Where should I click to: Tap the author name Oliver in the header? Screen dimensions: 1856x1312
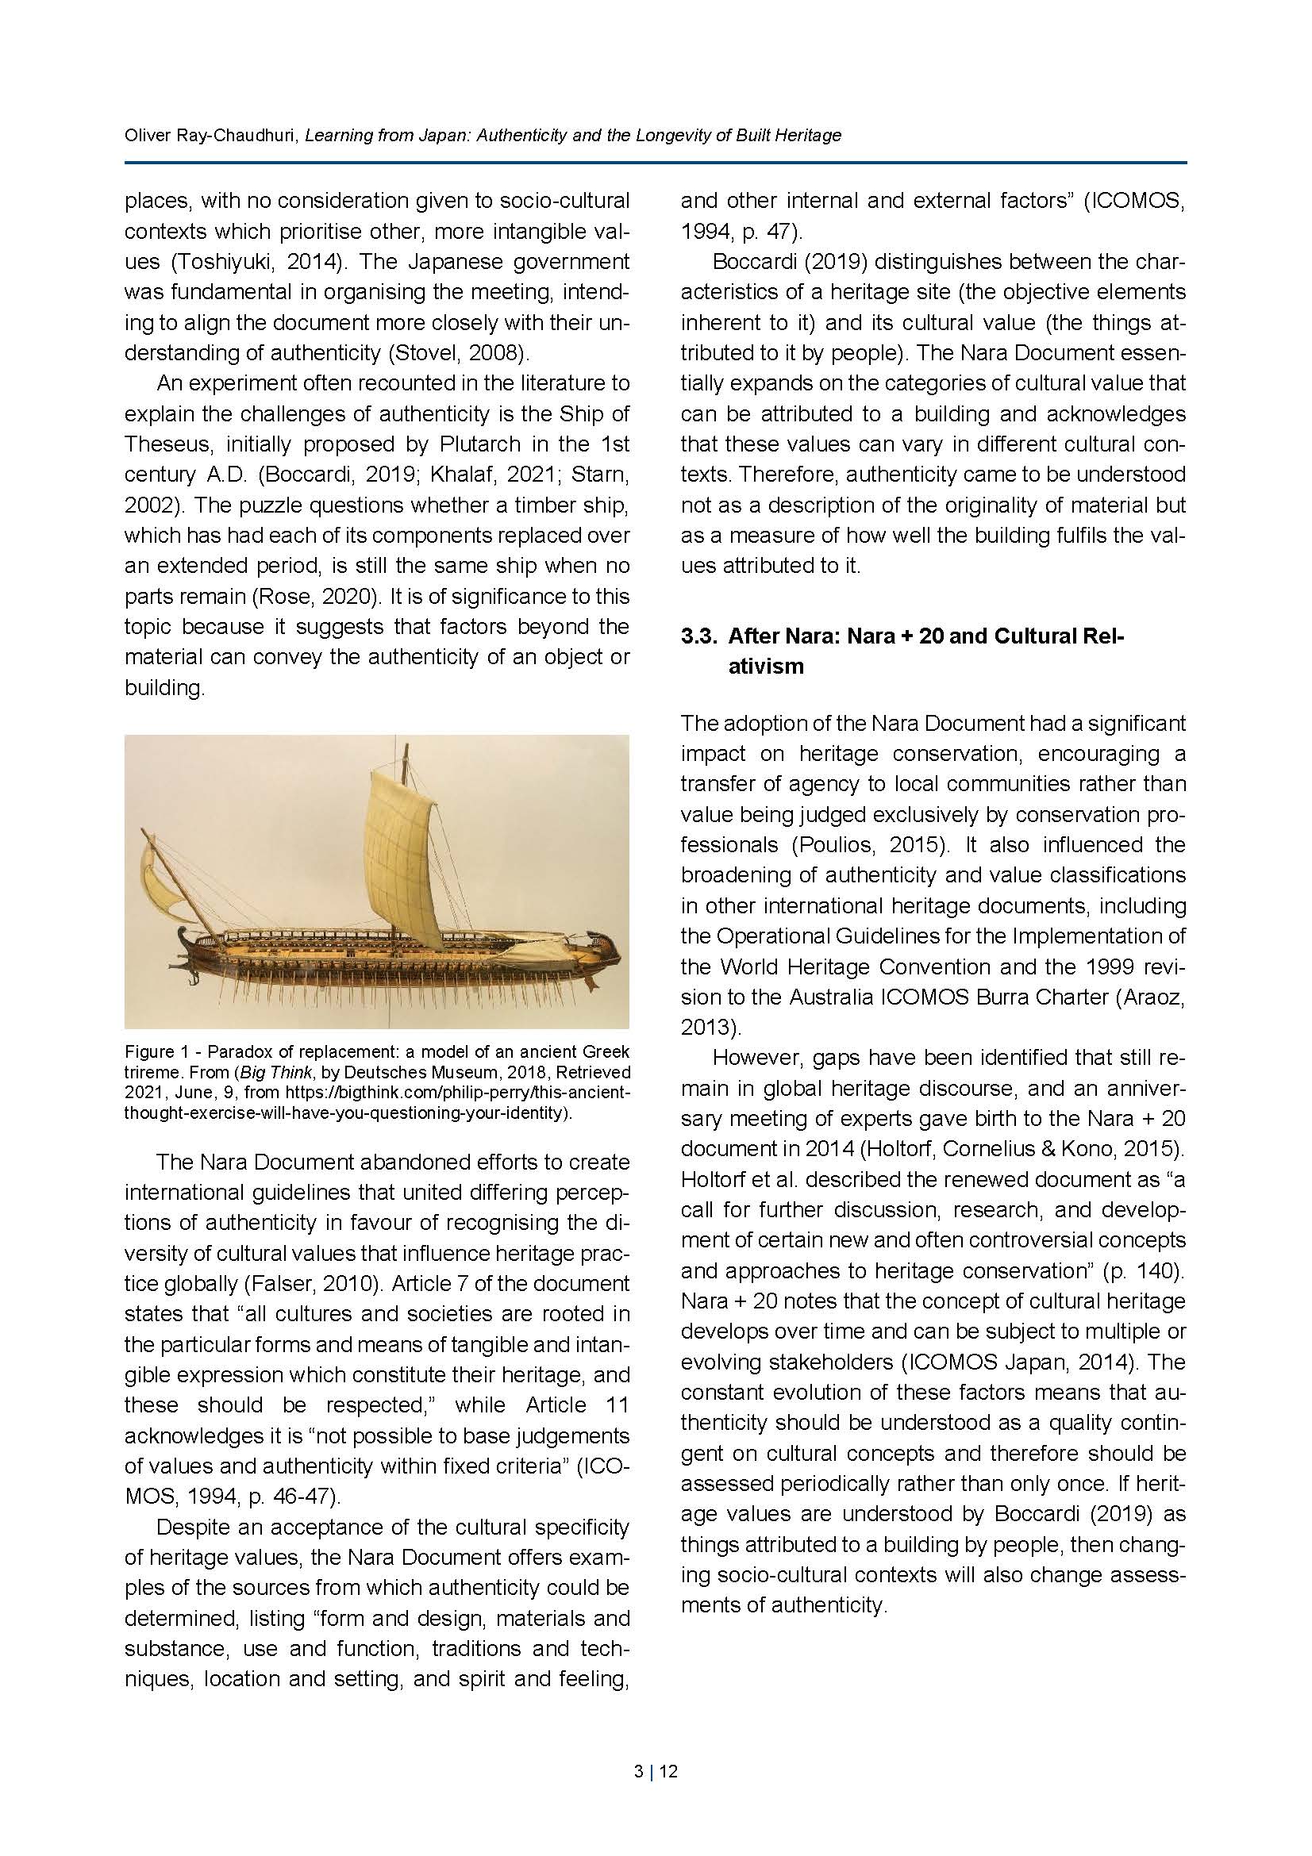[x=145, y=135]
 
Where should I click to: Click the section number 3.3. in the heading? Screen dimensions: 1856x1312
[x=699, y=636]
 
